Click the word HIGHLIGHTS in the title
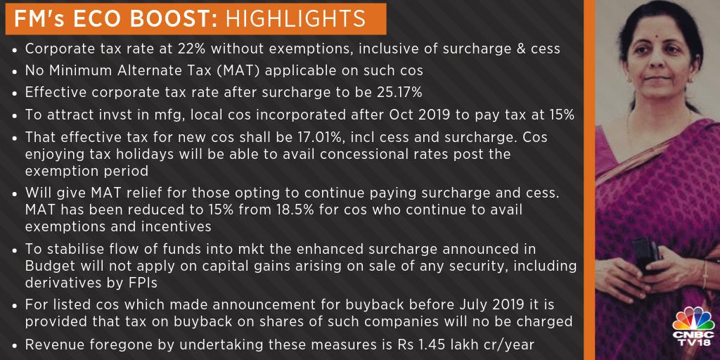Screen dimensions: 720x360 click(x=296, y=19)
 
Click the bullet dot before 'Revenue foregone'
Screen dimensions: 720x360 click(x=15, y=345)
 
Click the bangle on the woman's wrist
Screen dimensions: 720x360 click(x=705, y=275)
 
